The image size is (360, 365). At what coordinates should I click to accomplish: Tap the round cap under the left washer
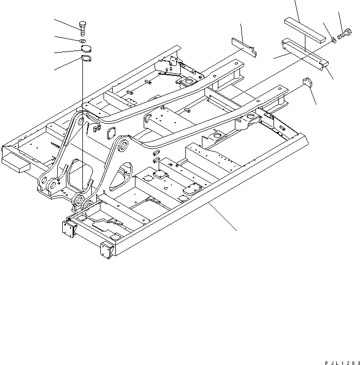(x=84, y=50)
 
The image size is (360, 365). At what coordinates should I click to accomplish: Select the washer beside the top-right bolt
(x=334, y=39)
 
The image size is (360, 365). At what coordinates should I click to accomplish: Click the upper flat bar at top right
(x=305, y=30)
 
